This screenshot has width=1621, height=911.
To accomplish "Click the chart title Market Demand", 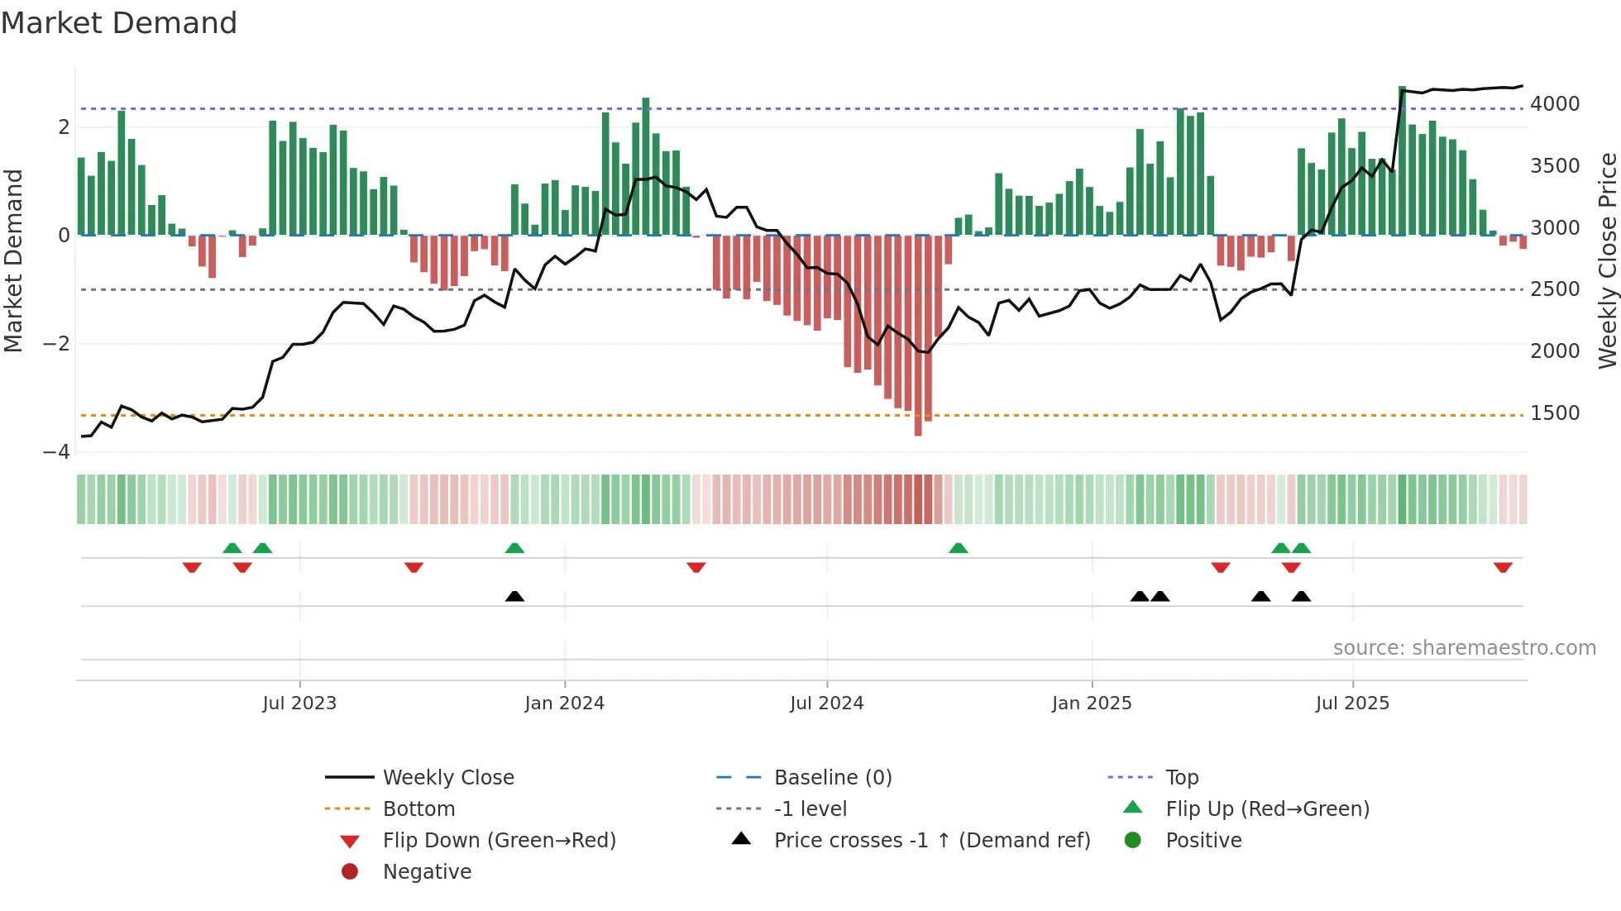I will tap(119, 23).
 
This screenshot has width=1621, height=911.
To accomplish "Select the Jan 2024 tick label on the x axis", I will tap(564, 704).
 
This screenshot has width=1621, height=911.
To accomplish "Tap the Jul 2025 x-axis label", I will tap(1352, 704).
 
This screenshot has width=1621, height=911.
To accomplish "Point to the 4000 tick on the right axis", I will tap(1555, 104).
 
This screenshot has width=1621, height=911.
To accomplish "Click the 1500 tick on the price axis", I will tap(1555, 413).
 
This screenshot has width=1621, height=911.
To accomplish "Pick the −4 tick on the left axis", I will tap(57, 452).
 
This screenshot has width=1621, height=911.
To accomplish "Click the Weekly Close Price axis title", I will tap(1607, 260).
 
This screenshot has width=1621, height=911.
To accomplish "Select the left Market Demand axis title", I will tap(14, 260).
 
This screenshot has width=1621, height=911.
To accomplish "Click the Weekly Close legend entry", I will tap(447, 778).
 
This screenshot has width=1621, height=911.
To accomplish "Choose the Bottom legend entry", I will tap(418, 809).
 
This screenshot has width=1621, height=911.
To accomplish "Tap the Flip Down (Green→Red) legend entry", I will tap(499, 841).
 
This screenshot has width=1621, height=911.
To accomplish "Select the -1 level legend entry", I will tap(810, 809).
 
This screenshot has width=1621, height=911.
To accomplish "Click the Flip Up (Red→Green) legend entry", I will tap(1267, 809).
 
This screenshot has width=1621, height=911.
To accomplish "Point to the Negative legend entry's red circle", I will tap(350, 872).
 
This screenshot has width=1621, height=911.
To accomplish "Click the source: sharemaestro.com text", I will tap(1464, 648).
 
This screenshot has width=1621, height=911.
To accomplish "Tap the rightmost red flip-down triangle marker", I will tap(1503, 568).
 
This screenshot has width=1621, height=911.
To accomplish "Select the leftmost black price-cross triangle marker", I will tap(514, 597).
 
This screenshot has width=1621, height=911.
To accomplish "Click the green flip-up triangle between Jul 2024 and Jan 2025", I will tap(959, 548).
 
